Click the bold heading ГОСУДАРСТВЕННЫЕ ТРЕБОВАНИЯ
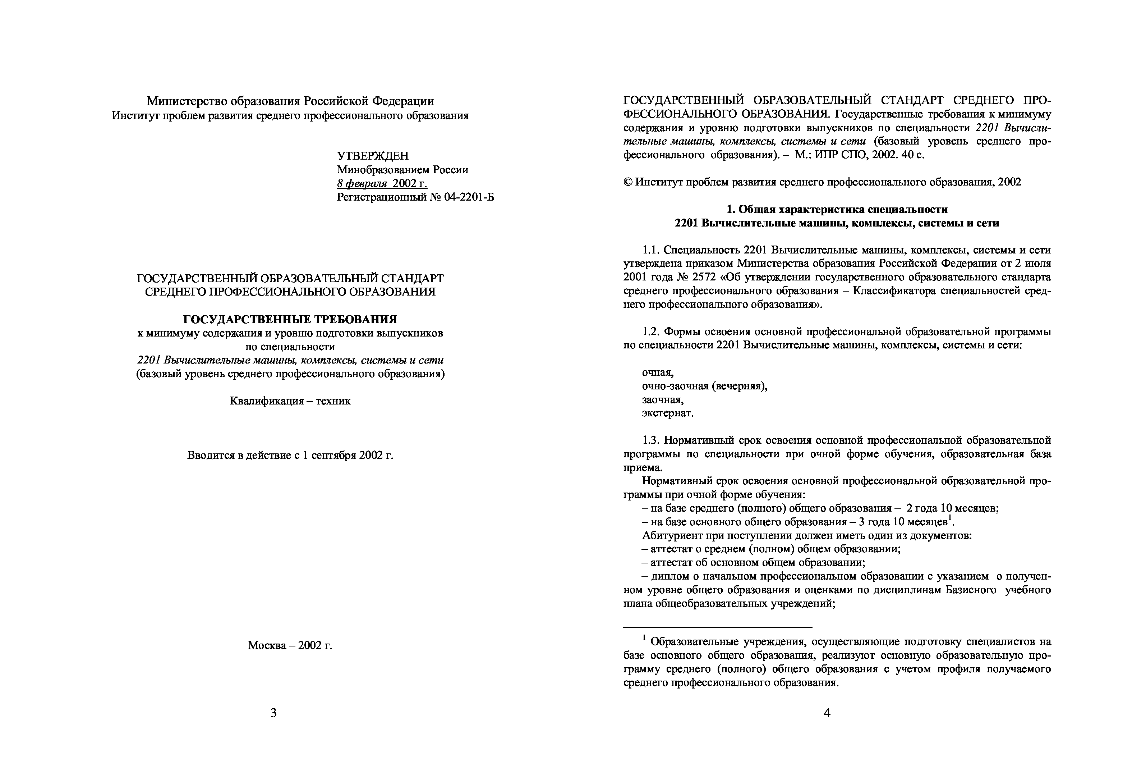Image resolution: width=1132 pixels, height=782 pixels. point(290,320)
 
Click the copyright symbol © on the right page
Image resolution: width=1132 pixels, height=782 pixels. point(628,182)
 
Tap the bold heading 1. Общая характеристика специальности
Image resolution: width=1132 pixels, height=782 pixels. point(837,209)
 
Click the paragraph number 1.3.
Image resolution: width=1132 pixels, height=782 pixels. point(651,440)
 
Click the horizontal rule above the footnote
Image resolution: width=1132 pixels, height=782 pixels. point(717,627)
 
